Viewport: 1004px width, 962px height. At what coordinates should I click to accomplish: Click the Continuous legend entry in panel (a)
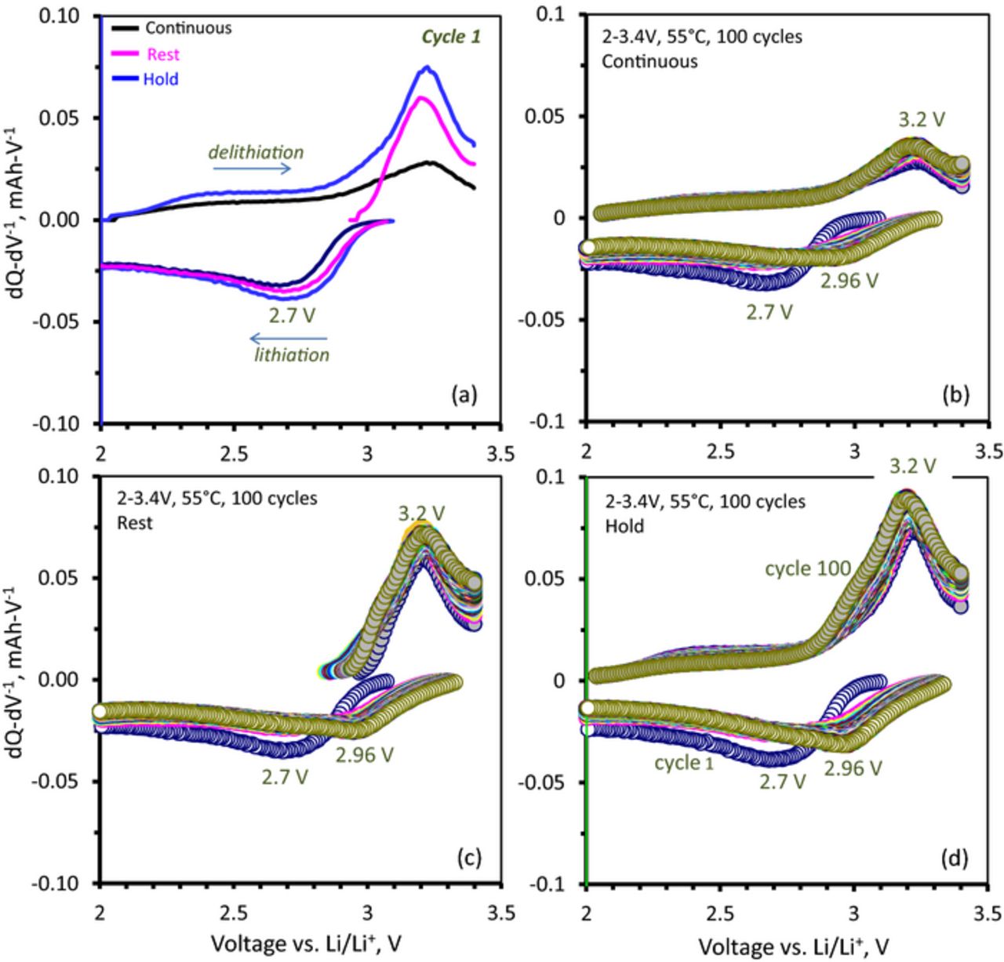(x=187, y=28)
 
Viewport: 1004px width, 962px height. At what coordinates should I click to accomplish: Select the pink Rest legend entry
(x=162, y=54)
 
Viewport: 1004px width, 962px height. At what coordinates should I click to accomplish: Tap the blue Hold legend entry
(x=161, y=79)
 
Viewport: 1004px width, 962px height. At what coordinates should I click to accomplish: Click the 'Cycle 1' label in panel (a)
(x=451, y=37)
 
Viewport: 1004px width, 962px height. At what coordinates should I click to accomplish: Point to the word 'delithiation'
(x=256, y=152)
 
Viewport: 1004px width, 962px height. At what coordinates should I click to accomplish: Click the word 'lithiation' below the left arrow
(x=291, y=355)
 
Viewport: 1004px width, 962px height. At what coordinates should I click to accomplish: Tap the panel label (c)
(x=467, y=856)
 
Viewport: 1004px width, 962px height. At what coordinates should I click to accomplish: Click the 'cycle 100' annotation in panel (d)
(x=809, y=568)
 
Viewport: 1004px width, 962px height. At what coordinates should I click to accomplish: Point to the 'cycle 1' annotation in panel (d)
(x=685, y=762)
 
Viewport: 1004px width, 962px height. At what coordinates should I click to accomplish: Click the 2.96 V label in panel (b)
(x=849, y=280)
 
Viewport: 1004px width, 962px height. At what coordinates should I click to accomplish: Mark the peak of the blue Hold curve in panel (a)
(x=427, y=67)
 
